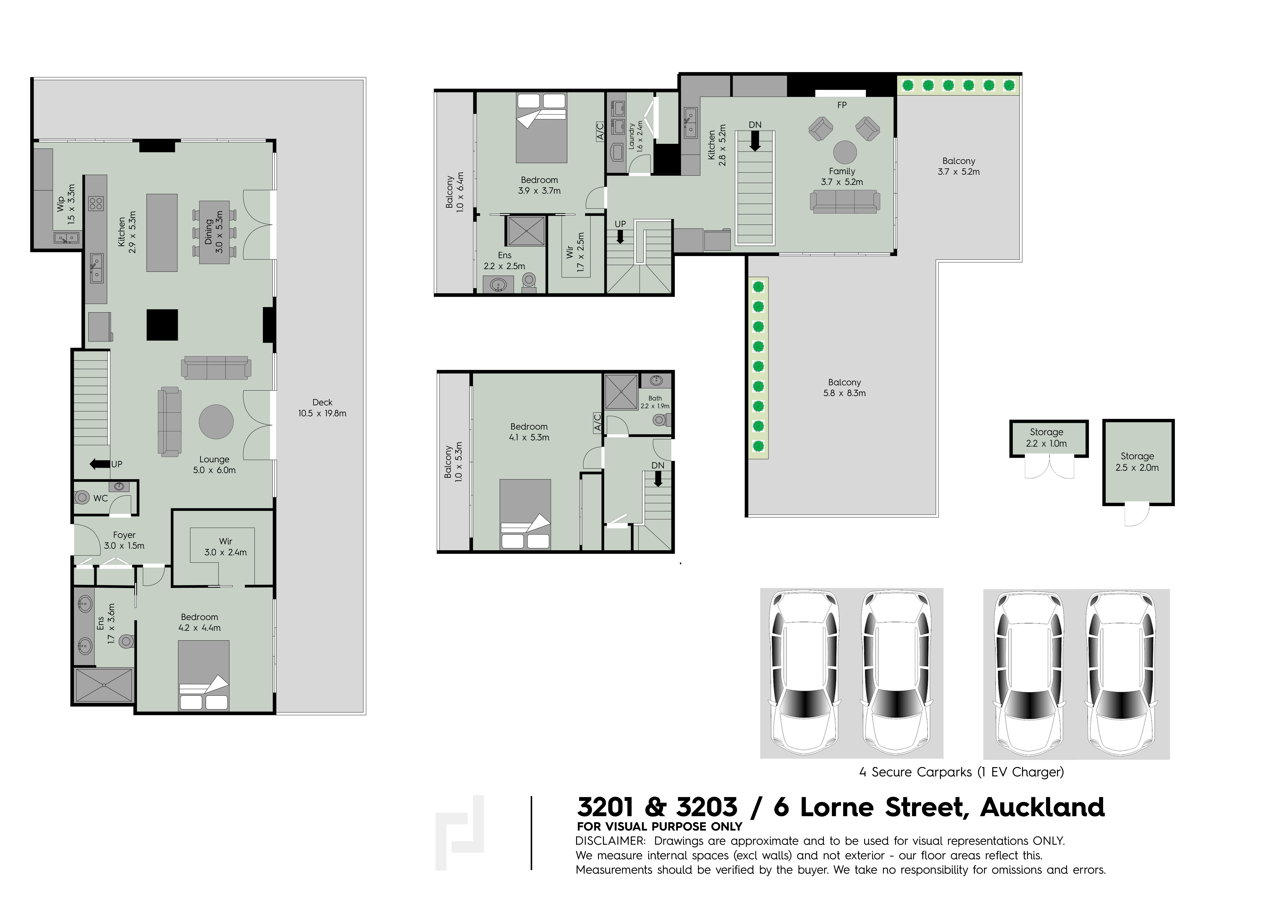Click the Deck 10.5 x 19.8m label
[322, 407]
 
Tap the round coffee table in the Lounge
[216, 422]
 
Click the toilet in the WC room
[82, 497]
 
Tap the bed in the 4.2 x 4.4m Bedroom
[203, 675]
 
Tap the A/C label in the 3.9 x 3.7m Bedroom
[600, 132]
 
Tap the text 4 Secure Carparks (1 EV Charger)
[961, 772]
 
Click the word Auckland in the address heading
[1042, 807]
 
